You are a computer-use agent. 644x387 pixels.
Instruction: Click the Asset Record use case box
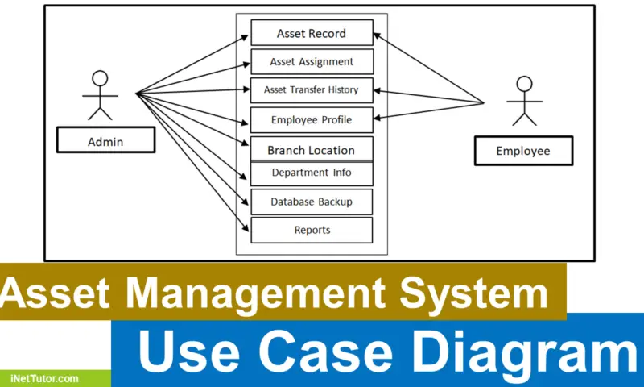coord(312,33)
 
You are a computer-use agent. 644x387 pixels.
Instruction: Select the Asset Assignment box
coord(312,61)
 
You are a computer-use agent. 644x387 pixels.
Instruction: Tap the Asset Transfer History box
coord(312,89)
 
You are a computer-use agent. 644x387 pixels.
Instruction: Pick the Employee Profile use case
coord(312,120)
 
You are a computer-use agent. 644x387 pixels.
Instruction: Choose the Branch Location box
coord(312,150)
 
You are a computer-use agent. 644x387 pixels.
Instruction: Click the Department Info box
coord(312,173)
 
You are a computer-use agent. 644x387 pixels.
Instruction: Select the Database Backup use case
coord(312,202)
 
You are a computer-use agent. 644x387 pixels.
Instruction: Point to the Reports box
coord(312,230)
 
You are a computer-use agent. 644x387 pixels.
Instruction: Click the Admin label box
coord(105,142)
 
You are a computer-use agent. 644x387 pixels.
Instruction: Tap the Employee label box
coord(522,151)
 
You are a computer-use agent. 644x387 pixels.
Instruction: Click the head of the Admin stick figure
coord(99,78)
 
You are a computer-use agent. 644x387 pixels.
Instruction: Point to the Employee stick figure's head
coord(525,83)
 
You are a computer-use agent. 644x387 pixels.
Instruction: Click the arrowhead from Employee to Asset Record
coord(376,35)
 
